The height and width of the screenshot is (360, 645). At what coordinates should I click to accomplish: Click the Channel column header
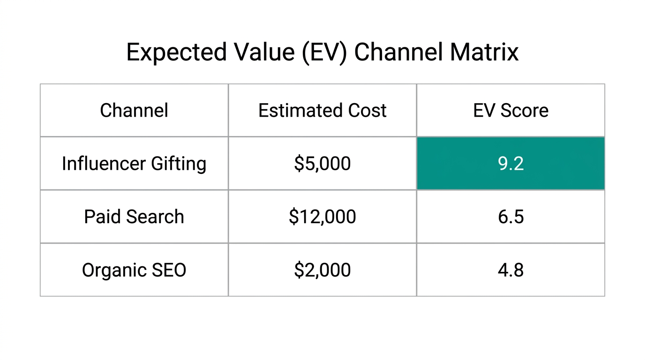tap(134, 111)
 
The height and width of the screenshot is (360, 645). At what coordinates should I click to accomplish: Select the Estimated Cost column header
tap(322, 111)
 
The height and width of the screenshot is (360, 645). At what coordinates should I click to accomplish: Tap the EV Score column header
tap(510, 111)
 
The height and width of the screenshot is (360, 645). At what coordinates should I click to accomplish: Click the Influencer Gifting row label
tap(134, 164)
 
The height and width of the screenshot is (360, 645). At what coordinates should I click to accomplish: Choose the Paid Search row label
tap(134, 217)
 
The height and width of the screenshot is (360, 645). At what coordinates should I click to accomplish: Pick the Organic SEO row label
tap(134, 270)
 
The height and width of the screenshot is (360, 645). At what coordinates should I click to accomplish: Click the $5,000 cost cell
tap(322, 164)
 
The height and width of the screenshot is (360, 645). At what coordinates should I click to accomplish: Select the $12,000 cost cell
tap(322, 217)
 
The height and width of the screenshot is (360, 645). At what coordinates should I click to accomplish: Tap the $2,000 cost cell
tap(322, 270)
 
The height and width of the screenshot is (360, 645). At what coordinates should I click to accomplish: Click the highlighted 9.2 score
tap(510, 164)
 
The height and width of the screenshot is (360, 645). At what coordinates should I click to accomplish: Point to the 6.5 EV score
tap(510, 217)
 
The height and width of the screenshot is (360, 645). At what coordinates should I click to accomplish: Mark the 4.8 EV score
tap(510, 270)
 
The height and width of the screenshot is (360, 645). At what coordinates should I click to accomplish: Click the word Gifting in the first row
tap(179, 164)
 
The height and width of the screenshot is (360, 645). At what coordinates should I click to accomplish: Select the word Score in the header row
tap(524, 111)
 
